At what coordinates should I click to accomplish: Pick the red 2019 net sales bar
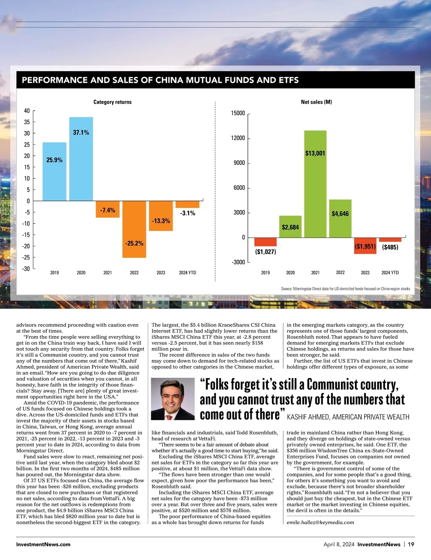point(265,242)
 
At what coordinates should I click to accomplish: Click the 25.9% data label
point(55,160)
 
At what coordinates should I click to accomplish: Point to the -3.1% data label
point(188,213)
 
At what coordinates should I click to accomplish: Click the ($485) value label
point(390,247)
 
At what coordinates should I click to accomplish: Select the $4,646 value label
point(340,214)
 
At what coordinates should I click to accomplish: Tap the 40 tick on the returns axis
point(27,111)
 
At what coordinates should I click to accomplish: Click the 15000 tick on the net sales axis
point(238,113)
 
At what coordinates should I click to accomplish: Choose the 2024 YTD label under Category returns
point(187,273)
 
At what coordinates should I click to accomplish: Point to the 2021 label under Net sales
point(315,273)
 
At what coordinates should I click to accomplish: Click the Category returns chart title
point(112,102)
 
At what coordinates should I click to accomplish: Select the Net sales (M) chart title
point(316,102)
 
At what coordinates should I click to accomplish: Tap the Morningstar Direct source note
point(345,289)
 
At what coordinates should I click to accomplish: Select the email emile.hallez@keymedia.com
point(320,522)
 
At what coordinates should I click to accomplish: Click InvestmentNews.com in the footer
point(43,545)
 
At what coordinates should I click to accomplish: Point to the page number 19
point(411,545)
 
